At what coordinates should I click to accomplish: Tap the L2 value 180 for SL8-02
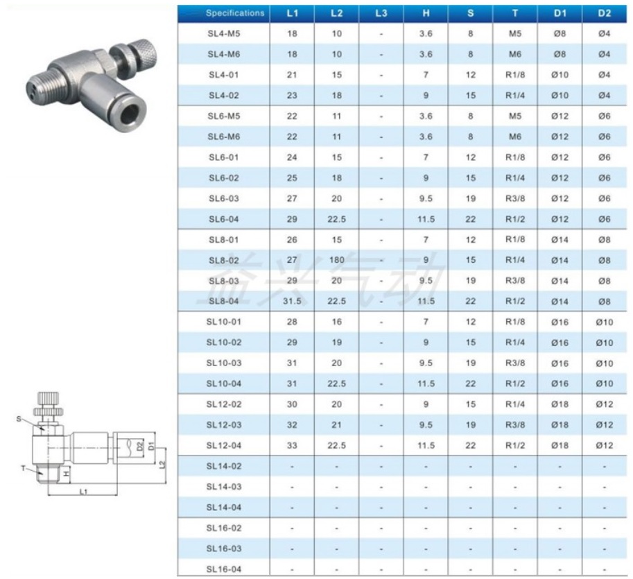337,261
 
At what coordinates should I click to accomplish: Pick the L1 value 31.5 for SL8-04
292,302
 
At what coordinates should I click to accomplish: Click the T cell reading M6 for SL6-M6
514,137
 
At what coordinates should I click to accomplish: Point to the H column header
426,13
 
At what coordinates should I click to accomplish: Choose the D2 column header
604,13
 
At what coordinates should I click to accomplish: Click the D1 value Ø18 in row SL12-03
560,425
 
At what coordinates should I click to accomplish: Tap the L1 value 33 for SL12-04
292,446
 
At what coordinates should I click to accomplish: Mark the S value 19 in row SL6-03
471,198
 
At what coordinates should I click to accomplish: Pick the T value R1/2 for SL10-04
514,383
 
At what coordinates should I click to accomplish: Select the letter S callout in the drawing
19,418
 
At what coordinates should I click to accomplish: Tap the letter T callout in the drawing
22,468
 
